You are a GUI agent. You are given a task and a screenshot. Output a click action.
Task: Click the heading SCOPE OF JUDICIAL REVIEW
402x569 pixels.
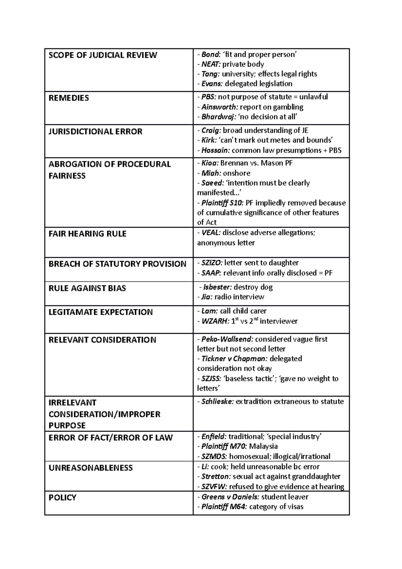(x=103, y=55)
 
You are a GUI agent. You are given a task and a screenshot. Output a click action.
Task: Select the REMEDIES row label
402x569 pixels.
(x=69, y=98)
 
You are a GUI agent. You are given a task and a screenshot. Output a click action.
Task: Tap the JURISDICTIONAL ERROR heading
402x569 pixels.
(x=95, y=131)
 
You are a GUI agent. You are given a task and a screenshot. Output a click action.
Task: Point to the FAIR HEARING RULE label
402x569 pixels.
(x=87, y=234)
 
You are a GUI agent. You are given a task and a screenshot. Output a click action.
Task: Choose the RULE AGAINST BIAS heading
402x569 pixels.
(x=87, y=288)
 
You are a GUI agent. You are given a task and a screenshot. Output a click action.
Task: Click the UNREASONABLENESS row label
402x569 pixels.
(x=90, y=468)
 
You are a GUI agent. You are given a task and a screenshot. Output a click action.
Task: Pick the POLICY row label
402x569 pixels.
(x=62, y=497)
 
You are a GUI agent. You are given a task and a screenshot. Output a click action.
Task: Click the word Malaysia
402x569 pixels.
(x=263, y=446)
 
